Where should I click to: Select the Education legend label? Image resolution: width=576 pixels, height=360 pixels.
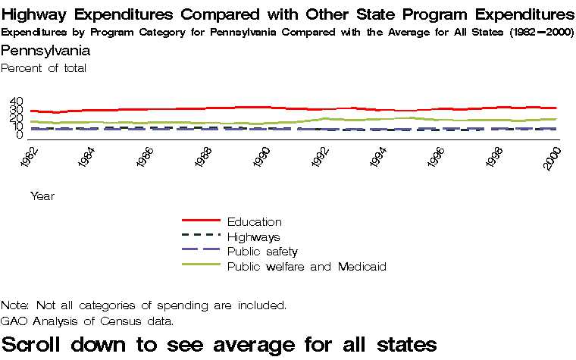[x=254, y=222]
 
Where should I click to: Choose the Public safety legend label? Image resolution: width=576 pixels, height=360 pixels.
[x=262, y=251]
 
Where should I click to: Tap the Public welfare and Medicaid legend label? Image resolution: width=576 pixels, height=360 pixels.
[x=307, y=266]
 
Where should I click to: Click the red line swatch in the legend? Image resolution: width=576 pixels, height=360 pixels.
[x=201, y=221]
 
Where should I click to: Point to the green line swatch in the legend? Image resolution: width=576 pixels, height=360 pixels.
[x=201, y=265]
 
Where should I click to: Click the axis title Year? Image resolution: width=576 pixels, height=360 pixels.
[x=42, y=196]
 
